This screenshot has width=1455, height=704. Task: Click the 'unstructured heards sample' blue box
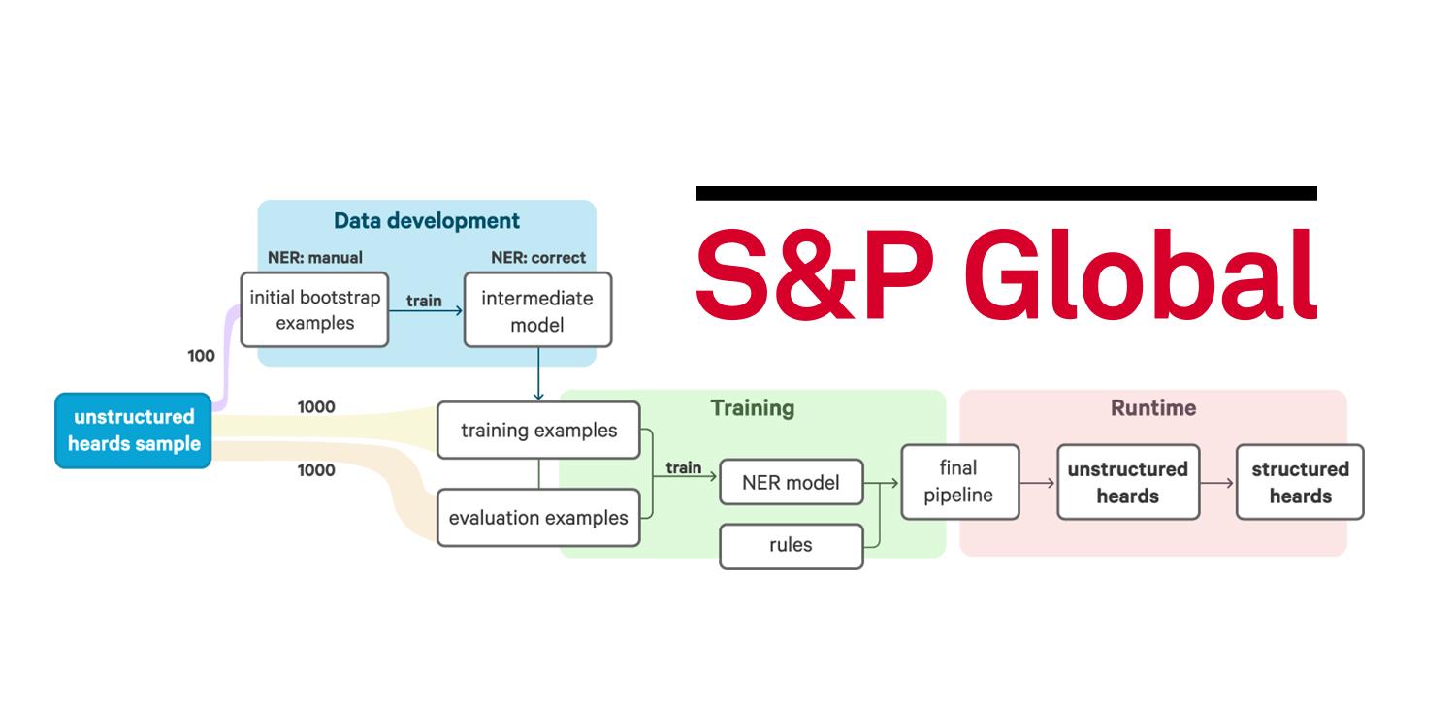[x=133, y=431]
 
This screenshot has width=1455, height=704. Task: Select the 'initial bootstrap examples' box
[x=314, y=309]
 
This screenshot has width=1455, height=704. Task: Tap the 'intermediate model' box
[x=537, y=310]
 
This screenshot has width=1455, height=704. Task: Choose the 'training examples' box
[x=538, y=430]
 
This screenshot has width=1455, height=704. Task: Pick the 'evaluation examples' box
[x=538, y=518]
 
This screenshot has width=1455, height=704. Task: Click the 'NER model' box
[x=791, y=482]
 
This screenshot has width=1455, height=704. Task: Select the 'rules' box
[x=791, y=545]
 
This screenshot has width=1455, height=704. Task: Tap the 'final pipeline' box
[x=958, y=482]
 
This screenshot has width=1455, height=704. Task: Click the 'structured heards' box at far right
[x=1300, y=482]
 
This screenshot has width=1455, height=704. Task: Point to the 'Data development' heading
[x=427, y=221]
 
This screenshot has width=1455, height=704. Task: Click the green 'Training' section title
[x=753, y=408]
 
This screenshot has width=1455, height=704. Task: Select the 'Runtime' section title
[x=1153, y=408]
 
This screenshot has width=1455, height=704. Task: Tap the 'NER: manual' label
[x=315, y=258]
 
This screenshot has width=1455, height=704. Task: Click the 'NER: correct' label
[x=538, y=258]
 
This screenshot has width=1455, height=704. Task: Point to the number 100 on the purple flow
[x=201, y=356]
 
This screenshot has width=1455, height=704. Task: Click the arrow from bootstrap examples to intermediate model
[x=426, y=310]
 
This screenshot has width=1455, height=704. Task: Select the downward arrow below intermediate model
[x=538, y=373]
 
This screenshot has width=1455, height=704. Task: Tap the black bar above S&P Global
[x=1006, y=194]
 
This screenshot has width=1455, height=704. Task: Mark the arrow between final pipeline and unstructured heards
[x=1038, y=482]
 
